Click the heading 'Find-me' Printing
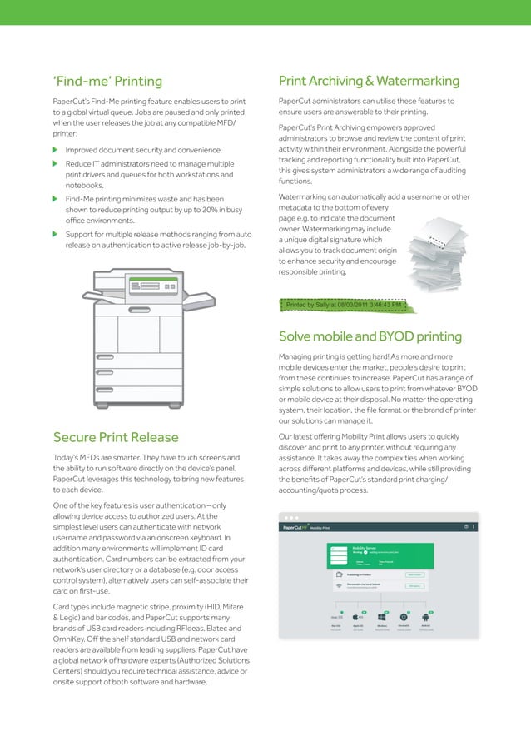pyautogui.click(x=107, y=82)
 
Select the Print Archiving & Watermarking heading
pyautogui.click(x=369, y=82)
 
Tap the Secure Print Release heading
pyautogui.click(x=116, y=437)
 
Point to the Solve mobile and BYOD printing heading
pyautogui.click(x=370, y=337)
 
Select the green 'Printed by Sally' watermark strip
pyautogui.click(x=344, y=306)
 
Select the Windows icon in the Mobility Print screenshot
pyautogui.click(x=381, y=617)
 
